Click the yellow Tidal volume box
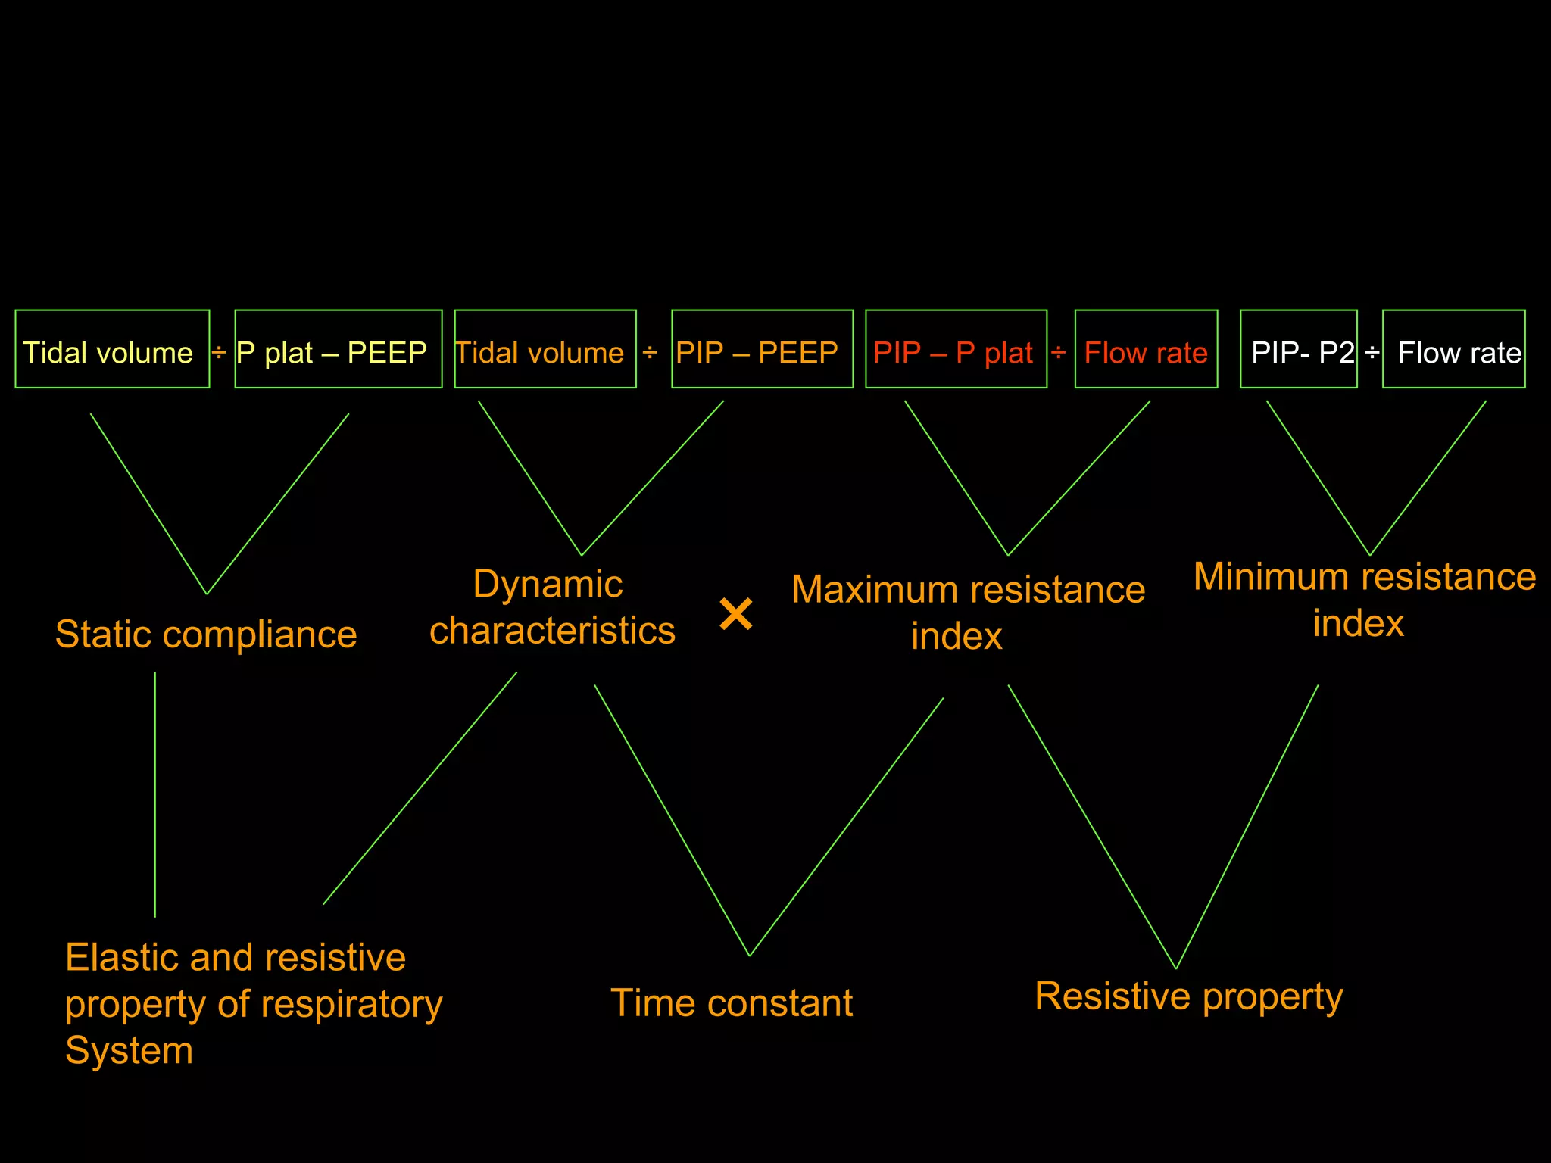112,349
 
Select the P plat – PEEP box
338,349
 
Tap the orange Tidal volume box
545,349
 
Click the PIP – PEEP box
762,349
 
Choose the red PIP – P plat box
956,349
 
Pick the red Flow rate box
1146,349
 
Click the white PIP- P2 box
1298,349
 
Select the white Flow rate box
1453,349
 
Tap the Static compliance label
206,635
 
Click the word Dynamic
548,585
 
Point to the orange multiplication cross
736,613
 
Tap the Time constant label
732,1003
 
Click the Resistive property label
1188,996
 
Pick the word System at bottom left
129,1051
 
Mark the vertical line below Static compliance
155,795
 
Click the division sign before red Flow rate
1059,352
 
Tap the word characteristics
552,631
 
